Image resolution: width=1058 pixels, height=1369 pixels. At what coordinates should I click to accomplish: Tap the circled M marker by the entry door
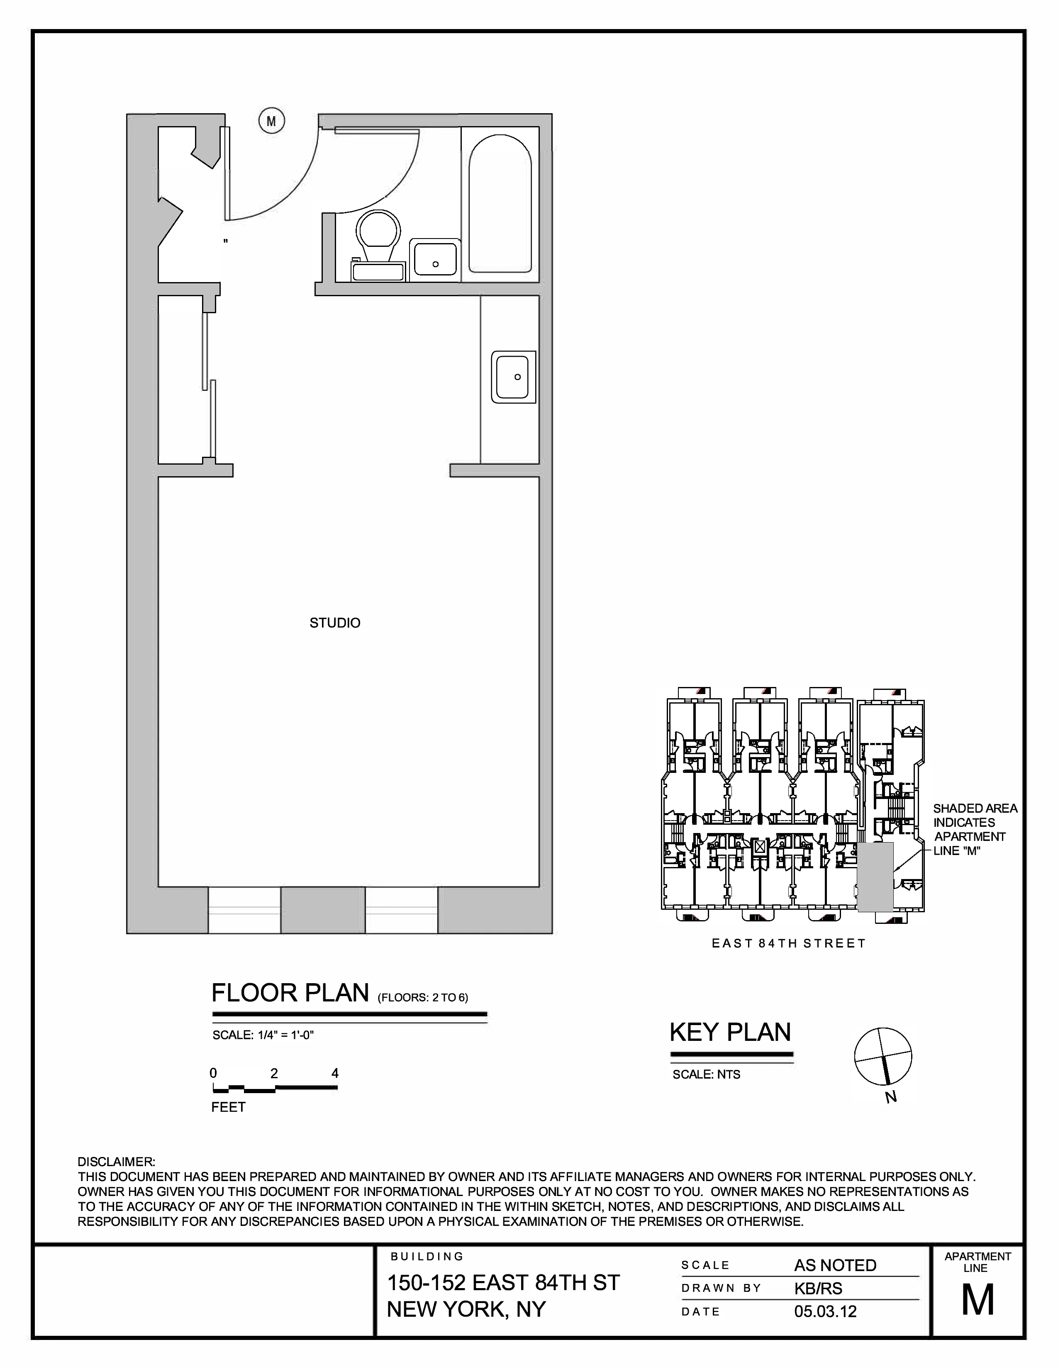point(271,121)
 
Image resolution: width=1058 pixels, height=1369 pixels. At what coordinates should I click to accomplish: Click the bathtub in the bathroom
point(500,205)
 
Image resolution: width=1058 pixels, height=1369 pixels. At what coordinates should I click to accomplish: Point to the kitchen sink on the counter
point(513,377)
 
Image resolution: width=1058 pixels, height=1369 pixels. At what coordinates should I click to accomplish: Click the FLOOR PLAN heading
point(290,994)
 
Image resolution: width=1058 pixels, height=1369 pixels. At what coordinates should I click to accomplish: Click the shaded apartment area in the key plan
point(875,876)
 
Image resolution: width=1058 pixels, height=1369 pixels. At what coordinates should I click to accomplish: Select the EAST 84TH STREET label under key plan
point(788,943)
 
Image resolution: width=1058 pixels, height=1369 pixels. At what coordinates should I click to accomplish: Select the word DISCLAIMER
point(116,1162)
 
